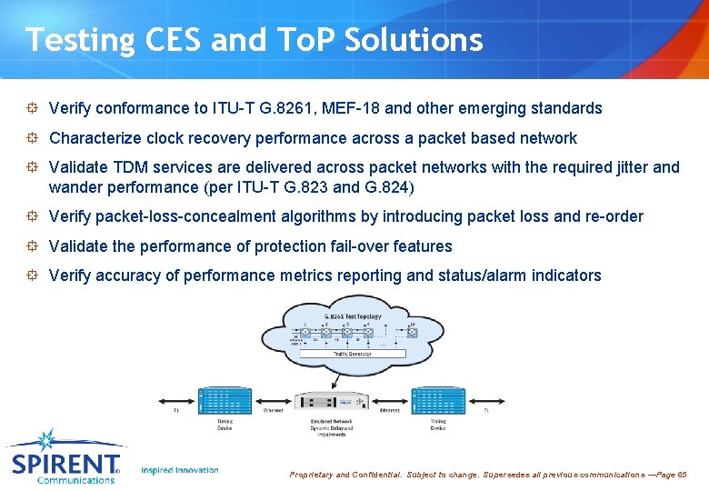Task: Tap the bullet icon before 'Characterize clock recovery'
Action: (x=32, y=138)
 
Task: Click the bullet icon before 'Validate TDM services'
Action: (x=32, y=167)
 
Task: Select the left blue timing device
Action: (x=225, y=400)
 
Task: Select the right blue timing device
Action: (x=440, y=400)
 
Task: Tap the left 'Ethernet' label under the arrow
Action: (x=273, y=411)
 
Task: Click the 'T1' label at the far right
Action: (x=486, y=411)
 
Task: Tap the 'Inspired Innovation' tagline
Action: (x=180, y=470)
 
